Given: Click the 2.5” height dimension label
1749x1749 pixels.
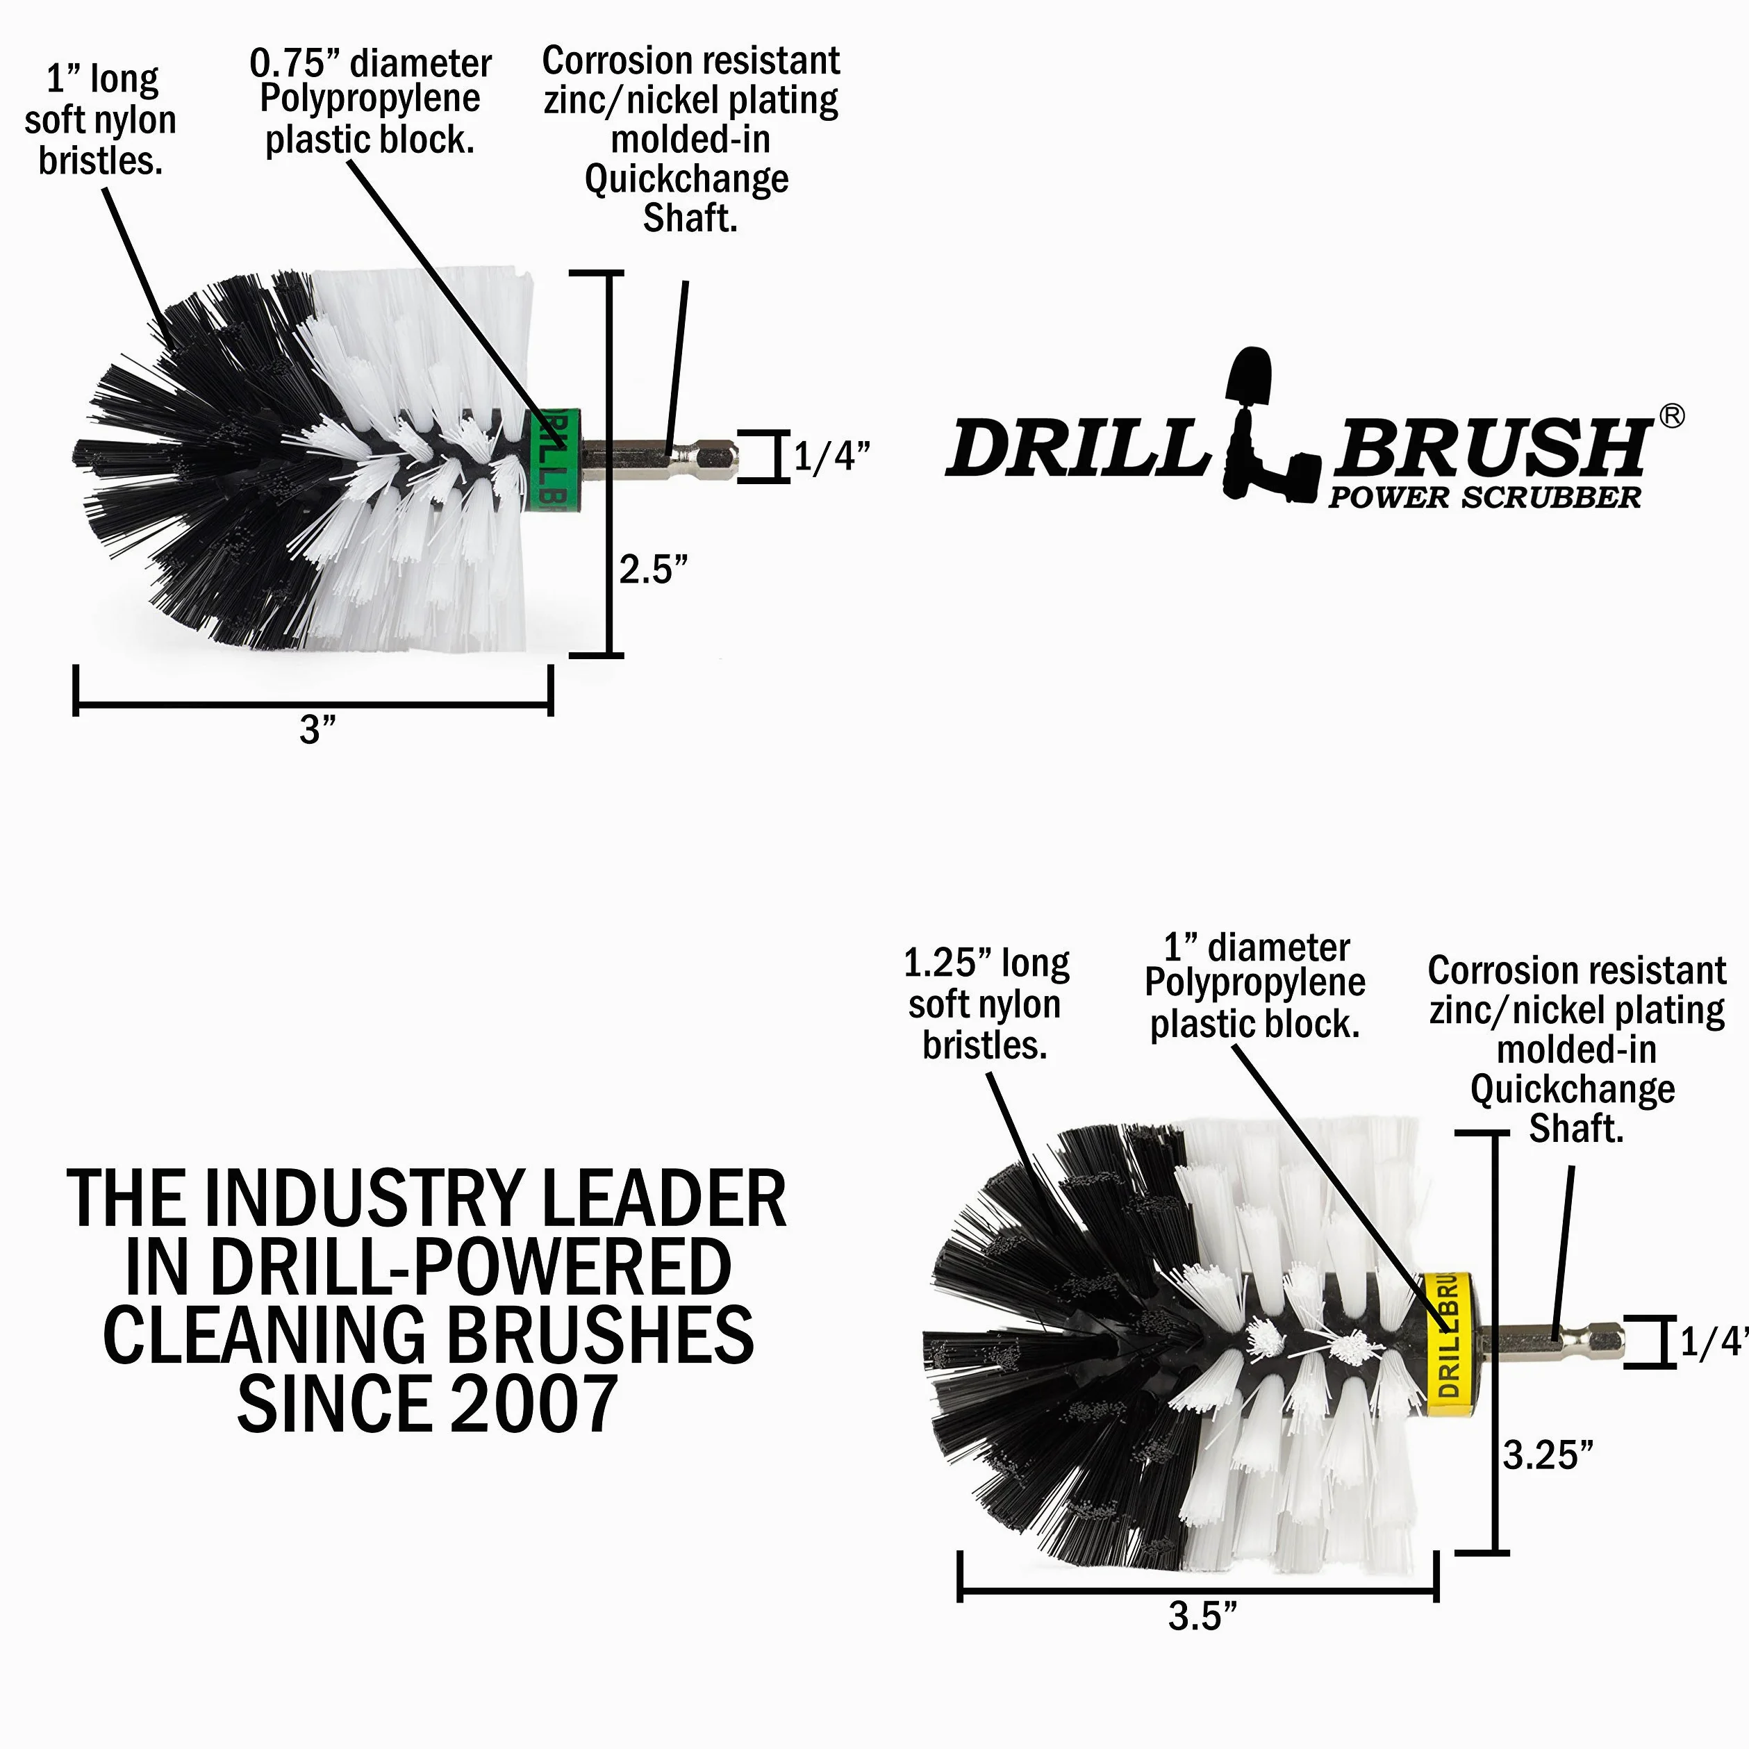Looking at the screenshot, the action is point(654,570).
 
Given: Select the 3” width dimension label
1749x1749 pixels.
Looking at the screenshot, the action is point(317,729).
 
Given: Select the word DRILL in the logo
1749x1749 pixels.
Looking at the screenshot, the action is point(1077,448).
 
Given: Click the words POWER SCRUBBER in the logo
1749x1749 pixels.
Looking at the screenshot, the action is point(1484,497).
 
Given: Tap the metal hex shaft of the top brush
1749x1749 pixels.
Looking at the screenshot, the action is point(659,458).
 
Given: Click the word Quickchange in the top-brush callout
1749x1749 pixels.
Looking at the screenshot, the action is point(687,180).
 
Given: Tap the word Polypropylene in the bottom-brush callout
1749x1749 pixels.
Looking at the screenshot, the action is point(1254,983).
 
